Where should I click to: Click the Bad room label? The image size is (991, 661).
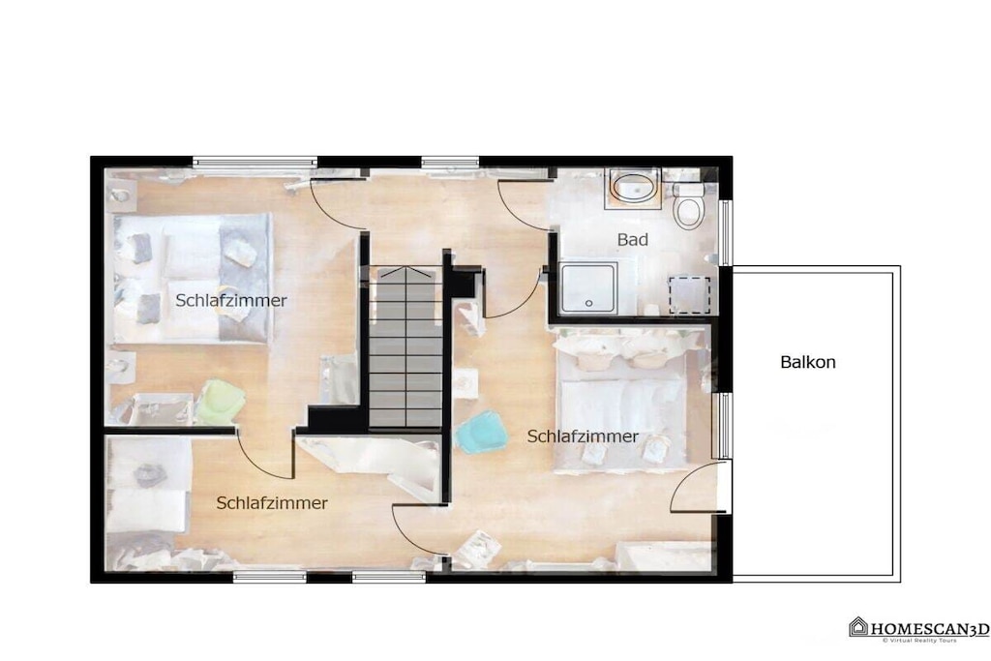coord(633,239)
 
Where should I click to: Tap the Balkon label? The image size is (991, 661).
coord(808,362)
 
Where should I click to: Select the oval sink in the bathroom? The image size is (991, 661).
coord(634,187)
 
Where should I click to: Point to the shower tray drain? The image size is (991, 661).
coord(589,303)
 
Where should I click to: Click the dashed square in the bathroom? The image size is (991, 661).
coord(689,294)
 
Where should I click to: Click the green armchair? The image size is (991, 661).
coord(221,401)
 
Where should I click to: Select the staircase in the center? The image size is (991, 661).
coord(405,346)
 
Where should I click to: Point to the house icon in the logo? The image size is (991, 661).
coord(858,626)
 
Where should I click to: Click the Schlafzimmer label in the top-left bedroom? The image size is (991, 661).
coord(230,301)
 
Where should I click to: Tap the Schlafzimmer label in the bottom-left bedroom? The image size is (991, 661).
coord(272,503)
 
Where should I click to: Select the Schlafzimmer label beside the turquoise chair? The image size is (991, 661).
coord(583,436)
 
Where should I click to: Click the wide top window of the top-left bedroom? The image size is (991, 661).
coord(255,162)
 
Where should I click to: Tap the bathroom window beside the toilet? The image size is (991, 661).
coord(726,232)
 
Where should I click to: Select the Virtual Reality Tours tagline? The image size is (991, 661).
coord(919,640)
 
